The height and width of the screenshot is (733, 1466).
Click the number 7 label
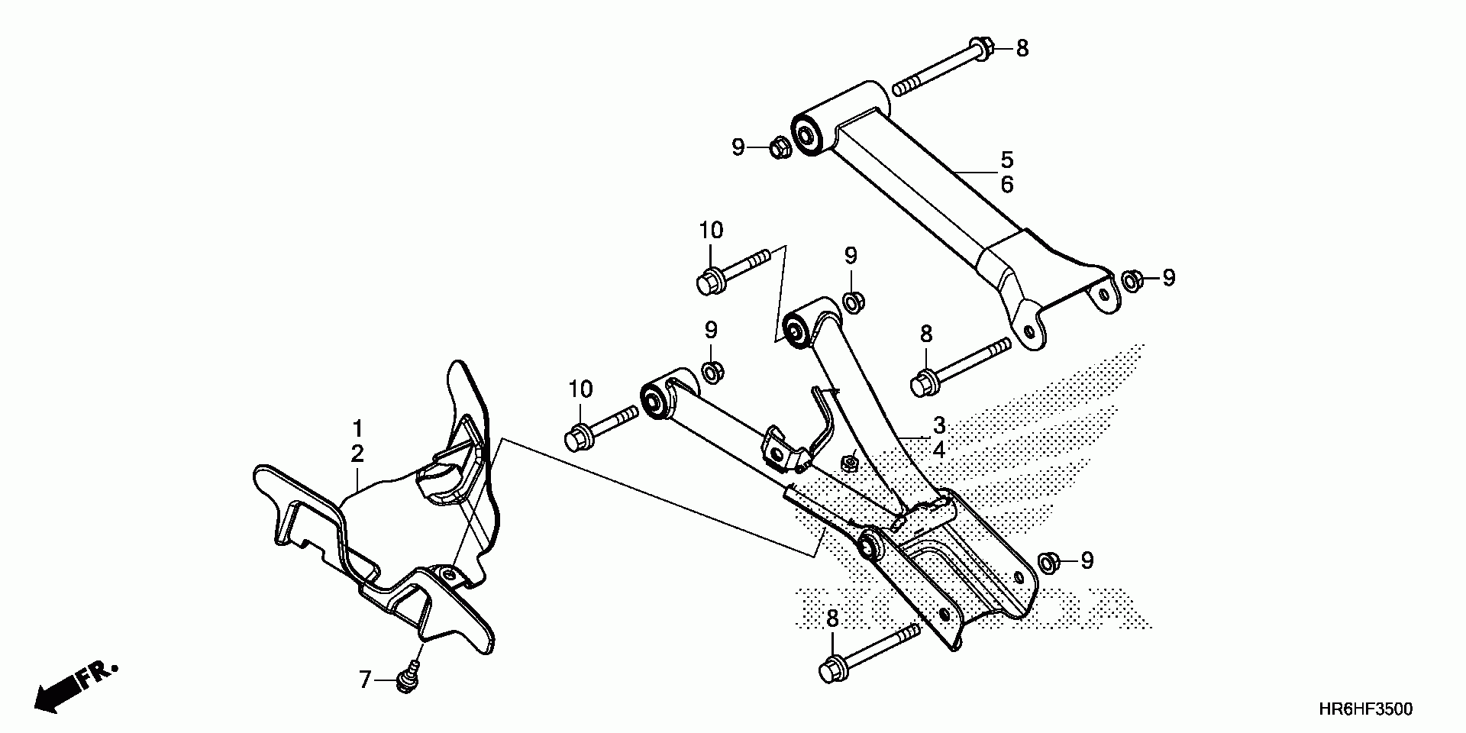tap(364, 678)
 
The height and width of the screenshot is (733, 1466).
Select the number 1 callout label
tap(357, 428)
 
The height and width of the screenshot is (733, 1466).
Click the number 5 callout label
tap(1007, 160)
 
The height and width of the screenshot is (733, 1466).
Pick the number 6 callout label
tap(1007, 185)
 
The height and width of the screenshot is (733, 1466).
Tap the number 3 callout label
tap(938, 425)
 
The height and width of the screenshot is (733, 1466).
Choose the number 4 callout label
tap(938, 450)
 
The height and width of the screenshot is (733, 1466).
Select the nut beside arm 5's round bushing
tap(778, 147)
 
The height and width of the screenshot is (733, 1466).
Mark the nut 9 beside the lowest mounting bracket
tap(1048, 562)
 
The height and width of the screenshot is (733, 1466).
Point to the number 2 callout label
tap(357, 454)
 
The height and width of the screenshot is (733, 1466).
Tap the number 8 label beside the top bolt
tap(1022, 48)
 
